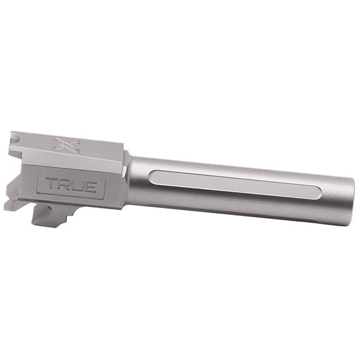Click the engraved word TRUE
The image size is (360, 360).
point(71,184)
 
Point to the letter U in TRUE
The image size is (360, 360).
point(78,184)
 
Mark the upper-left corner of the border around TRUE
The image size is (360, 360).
point(38,174)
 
